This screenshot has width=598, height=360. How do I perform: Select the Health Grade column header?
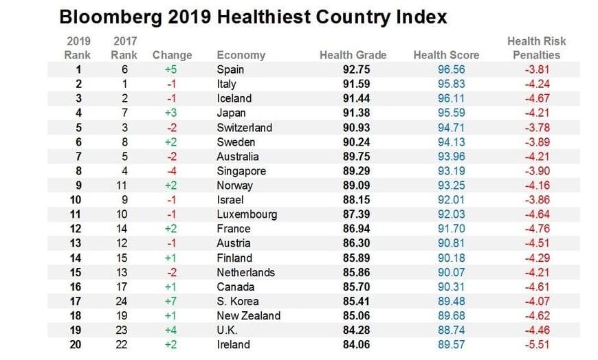pyautogui.click(x=353, y=55)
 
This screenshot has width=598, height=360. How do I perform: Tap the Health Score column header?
pyautogui.click(x=447, y=55)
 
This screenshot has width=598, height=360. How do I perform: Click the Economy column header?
pyautogui.click(x=241, y=55)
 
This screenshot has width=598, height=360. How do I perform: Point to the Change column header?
pyautogui.click(x=172, y=55)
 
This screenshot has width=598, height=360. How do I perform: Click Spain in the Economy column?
pyautogui.click(x=230, y=69)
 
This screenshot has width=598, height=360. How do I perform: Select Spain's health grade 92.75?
pyautogui.click(x=357, y=69)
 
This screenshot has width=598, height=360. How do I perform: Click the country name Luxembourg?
pyautogui.click(x=247, y=214)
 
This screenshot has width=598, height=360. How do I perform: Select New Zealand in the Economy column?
pyautogui.click(x=248, y=316)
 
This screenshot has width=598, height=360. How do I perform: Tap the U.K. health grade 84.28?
pyautogui.click(x=357, y=330)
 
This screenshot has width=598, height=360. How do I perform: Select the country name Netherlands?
pyautogui.click(x=245, y=272)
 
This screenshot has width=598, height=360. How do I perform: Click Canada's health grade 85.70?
pyautogui.click(x=357, y=286)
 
